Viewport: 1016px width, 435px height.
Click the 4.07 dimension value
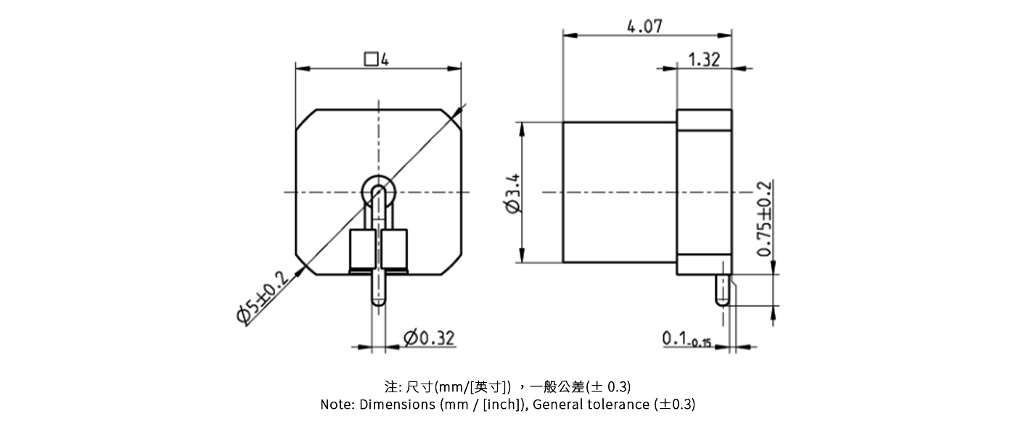point(644,27)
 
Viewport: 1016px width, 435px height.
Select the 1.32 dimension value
point(702,60)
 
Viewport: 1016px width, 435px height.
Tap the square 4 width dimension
point(377,59)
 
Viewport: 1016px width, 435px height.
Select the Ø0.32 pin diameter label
point(429,338)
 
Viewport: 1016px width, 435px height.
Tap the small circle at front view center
point(378,192)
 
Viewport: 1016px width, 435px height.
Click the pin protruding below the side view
point(722,291)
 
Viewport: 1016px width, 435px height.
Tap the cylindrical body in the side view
point(619,192)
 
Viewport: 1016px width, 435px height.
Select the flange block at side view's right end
point(704,192)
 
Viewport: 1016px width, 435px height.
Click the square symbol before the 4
point(371,59)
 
